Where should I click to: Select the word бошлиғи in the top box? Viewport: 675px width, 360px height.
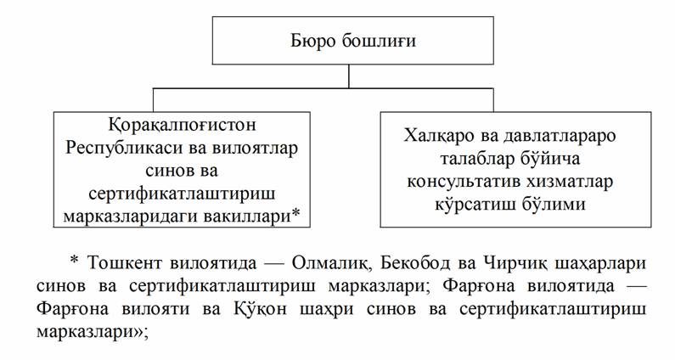tap(368, 41)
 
